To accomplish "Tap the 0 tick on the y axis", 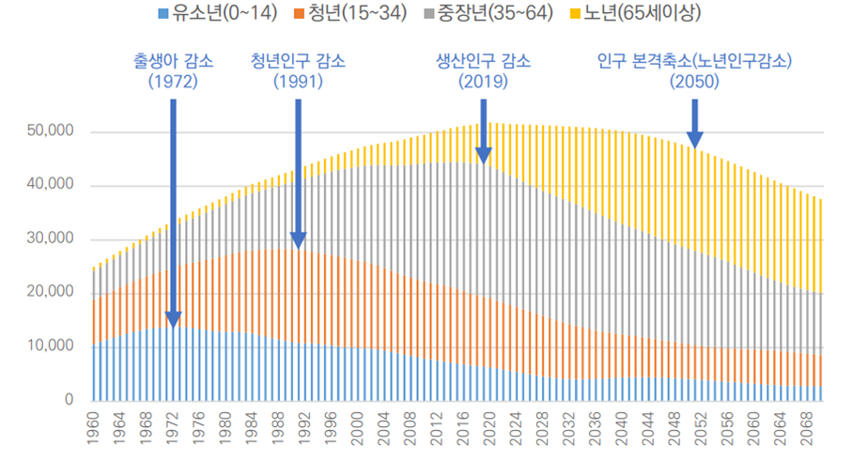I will coord(69,400).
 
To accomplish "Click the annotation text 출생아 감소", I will coord(173,62).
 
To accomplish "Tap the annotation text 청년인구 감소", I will coord(298,62).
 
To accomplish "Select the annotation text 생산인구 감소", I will coord(483,62).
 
